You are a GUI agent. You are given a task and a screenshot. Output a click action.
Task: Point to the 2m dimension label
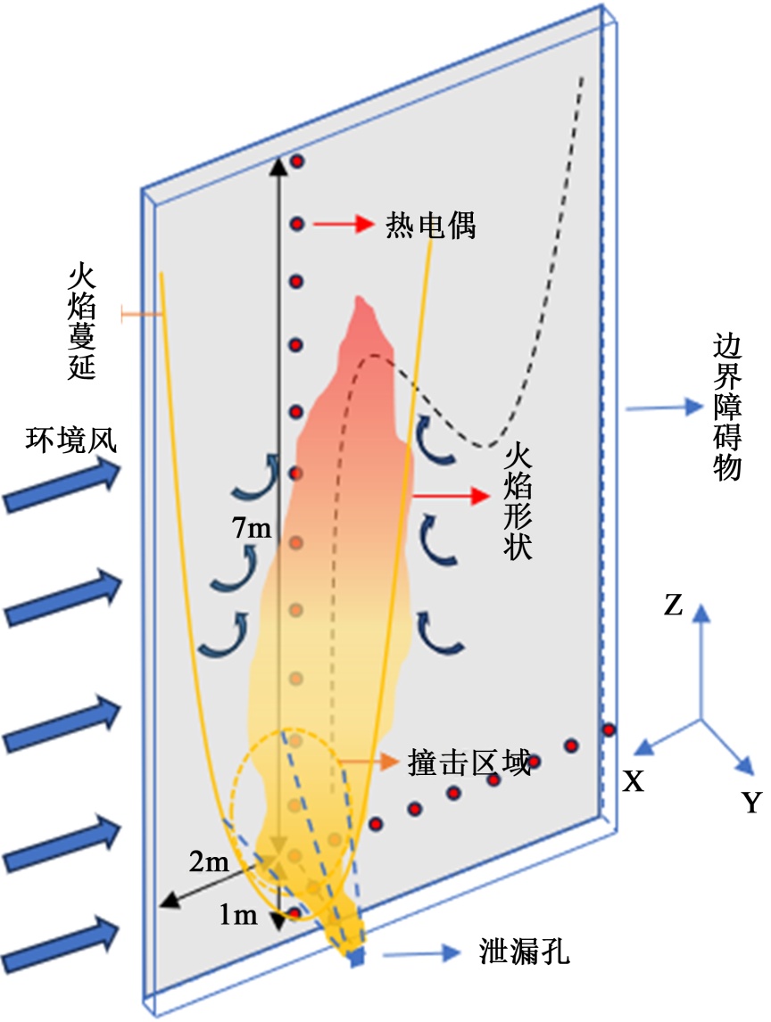click(210, 862)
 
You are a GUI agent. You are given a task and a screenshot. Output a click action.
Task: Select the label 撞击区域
click(468, 762)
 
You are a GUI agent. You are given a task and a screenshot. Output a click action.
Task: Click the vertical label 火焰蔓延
click(81, 322)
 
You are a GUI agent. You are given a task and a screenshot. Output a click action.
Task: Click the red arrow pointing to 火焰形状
click(451, 492)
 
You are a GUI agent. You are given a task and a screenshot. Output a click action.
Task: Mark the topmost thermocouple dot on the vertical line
click(298, 161)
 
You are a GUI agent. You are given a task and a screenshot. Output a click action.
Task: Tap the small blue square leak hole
click(357, 958)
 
